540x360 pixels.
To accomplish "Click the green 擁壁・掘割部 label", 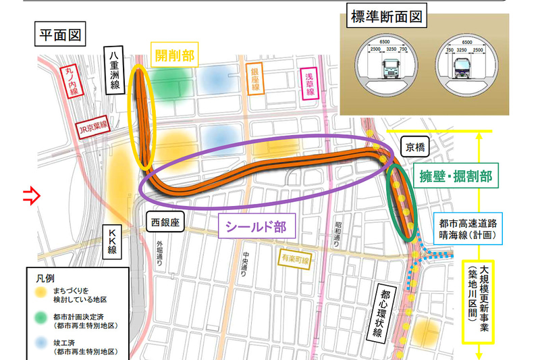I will pos(458,178).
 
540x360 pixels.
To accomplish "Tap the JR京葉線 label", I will pos(92,127).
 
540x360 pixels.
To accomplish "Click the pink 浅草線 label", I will pos(310,83).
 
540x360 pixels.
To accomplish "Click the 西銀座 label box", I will pos(164,221).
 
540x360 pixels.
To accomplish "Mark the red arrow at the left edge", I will pos(31,197).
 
